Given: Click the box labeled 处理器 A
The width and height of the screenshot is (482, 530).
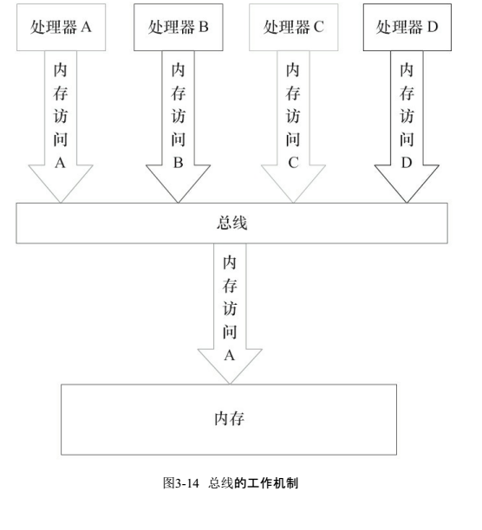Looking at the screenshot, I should (62, 26).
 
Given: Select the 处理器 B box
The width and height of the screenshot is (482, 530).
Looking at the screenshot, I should (178, 26).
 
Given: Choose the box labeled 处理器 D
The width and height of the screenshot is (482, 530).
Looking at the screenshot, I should (407, 26).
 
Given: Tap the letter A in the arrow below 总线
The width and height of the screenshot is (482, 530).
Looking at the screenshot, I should (230, 354).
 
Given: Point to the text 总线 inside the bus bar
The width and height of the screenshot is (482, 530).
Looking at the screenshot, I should (231, 223).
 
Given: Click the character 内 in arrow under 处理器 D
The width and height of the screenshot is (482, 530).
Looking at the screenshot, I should (407, 70).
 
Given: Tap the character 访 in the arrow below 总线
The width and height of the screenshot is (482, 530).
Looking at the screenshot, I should (230, 307).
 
